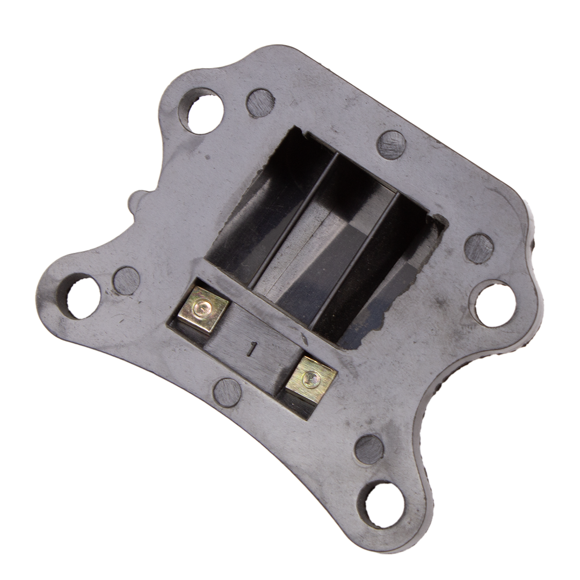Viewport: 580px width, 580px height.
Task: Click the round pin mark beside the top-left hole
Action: tap(261, 102)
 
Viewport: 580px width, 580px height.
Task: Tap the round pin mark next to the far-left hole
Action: tap(126, 281)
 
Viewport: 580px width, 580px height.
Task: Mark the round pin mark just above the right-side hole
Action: tap(480, 247)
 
